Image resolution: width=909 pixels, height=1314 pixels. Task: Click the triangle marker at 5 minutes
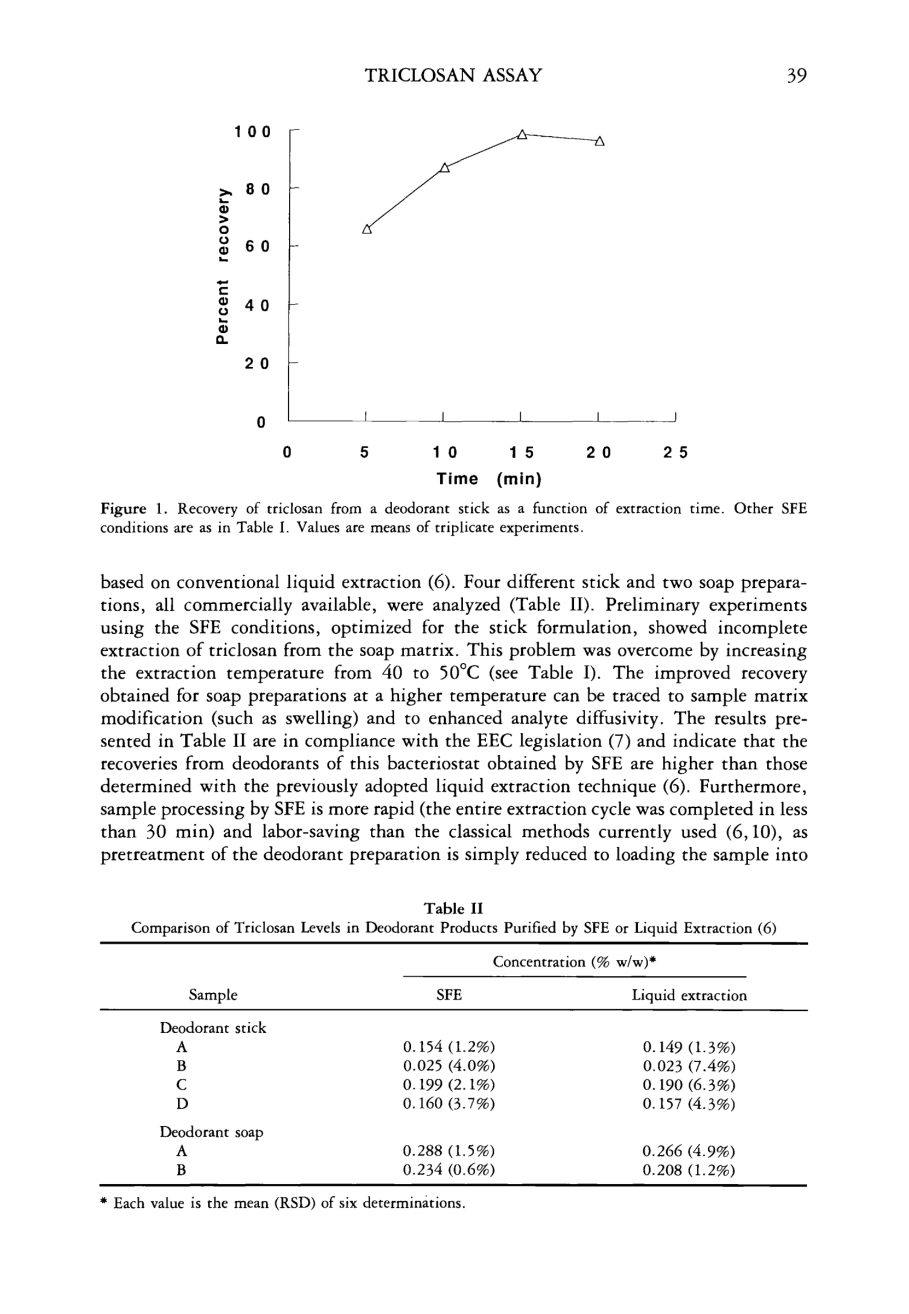pos(367,230)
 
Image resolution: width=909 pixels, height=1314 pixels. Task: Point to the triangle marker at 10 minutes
pos(445,167)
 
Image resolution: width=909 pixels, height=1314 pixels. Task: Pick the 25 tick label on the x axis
pos(676,453)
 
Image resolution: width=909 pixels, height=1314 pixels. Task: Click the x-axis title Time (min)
pos(488,479)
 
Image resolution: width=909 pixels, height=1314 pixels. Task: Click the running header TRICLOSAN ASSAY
pos(453,76)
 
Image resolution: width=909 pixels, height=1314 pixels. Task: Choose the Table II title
pos(453,908)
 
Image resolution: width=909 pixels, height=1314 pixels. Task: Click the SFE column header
pos(449,995)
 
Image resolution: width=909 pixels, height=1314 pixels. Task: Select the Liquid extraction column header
pos(689,995)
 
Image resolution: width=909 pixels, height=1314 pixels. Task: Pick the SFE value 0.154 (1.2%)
pos(449,1047)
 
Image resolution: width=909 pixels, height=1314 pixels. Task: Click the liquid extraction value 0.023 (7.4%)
pos(689,1066)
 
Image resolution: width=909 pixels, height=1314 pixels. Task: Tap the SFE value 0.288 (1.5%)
pos(449,1151)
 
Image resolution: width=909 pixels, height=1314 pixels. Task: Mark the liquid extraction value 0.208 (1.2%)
pos(689,1171)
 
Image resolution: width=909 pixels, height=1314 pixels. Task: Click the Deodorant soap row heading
pos(211,1132)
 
